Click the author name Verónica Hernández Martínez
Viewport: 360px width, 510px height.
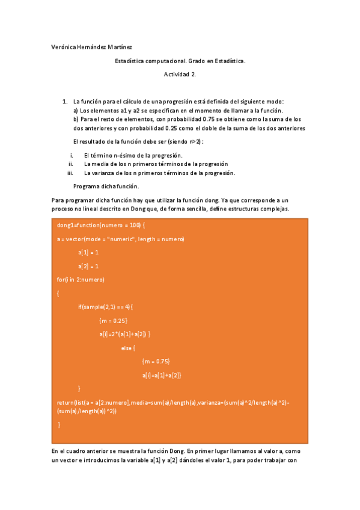coord(92,46)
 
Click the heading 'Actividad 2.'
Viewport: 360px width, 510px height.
coord(180,75)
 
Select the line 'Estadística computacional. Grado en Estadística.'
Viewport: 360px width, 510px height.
coord(180,61)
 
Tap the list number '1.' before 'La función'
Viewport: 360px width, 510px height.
coord(65,102)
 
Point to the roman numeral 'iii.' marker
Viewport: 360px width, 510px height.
coord(70,173)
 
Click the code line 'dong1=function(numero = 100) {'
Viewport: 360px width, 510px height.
coord(101,225)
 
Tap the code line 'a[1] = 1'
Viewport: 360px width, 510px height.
coord(88,252)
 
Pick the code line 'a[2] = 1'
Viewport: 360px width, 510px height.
coord(88,266)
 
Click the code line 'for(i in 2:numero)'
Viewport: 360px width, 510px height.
coord(81,280)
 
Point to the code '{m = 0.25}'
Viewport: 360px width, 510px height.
coord(113,321)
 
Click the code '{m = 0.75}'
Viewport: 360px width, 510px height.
coord(156,361)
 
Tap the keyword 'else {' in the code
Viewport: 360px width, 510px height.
coord(128,348)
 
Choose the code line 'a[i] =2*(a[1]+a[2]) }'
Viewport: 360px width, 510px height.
coord(125,334)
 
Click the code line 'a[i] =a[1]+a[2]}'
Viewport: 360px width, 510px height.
coord(162,375)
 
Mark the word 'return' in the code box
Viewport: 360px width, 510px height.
coord(65,402)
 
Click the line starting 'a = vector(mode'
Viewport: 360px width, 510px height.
coord(120,239)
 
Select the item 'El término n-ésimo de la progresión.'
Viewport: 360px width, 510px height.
coord(133,155)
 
